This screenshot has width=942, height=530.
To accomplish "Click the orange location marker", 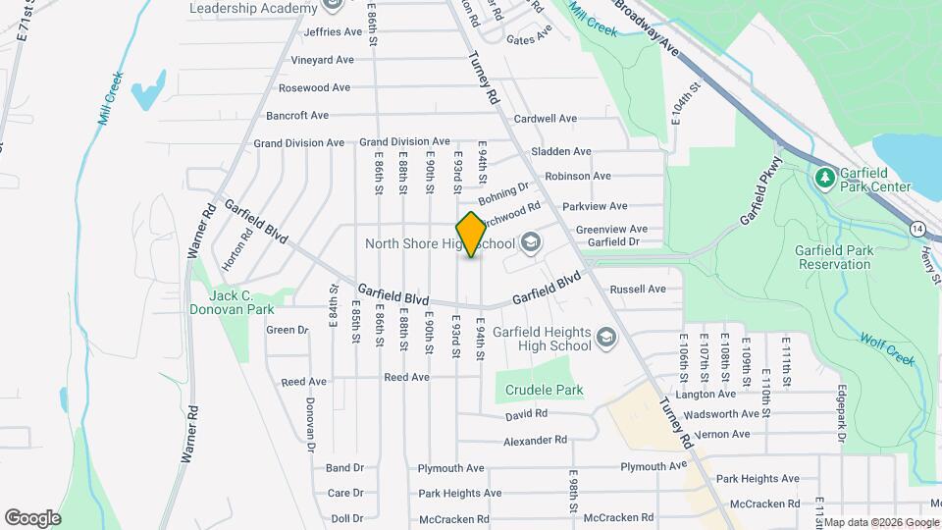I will (x=471, y=235).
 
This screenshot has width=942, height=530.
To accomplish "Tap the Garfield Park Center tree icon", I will (x=824, y=178).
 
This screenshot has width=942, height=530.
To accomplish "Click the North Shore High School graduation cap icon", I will (x=531, y=242).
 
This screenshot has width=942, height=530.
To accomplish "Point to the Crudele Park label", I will (x=545, y=390).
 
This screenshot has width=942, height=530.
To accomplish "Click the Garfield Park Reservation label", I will (x=835, y=257).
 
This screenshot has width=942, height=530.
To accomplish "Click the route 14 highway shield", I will (x=916, y=228).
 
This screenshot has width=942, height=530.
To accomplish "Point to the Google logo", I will (x=32, y=517).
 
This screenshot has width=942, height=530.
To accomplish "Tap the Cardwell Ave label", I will (x=546, y=119).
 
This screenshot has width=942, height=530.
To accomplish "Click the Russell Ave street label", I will (x=638, y=290).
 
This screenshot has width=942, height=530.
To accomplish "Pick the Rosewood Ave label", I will (x=307, y=87).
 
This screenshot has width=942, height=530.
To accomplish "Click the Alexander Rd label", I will (x=535, y=442).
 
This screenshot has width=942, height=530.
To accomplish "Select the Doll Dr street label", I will (x=347, y=518).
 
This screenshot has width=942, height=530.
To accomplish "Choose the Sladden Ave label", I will (x=561, y=152).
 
